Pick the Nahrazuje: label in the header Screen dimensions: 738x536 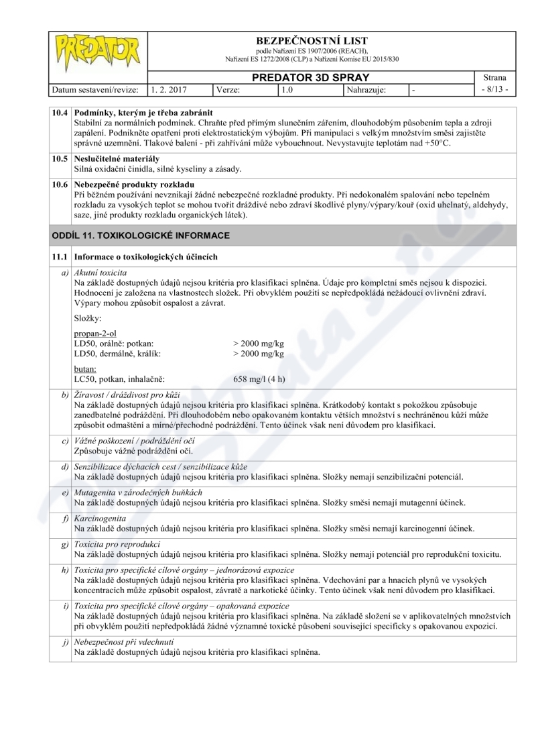[x=366, y=89]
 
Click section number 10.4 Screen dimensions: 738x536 [x=60, y=112]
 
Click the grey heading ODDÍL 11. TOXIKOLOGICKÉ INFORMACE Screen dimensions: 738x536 [x=141, y=235]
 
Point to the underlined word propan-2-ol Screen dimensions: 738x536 [x=96, y=333]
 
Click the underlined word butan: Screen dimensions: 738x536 [x=85, y=368]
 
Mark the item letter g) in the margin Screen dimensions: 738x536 [x=64, y=544]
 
